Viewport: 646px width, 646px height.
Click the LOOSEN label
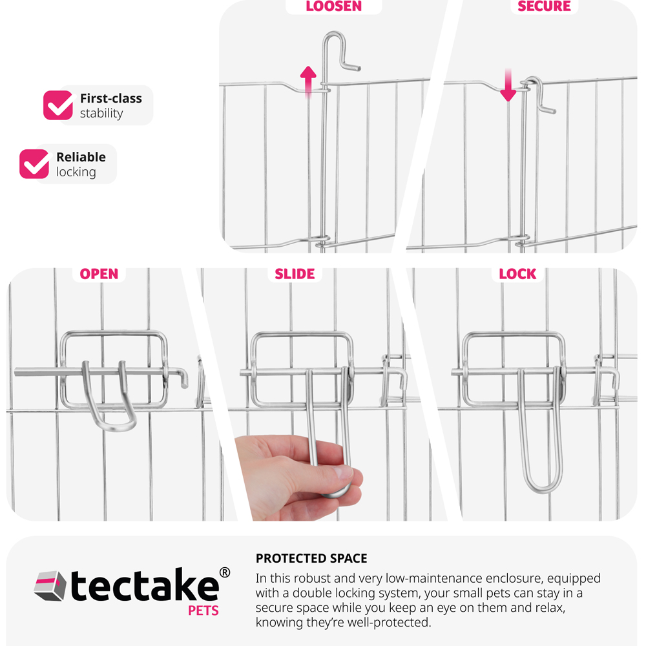(334, 6)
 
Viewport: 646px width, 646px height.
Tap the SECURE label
(544, 6)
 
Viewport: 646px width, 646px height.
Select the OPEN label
(99, 274)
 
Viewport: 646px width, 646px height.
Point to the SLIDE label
(295, 274)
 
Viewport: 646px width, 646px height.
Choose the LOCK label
(517, 274)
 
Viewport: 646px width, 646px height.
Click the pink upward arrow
(308, 81)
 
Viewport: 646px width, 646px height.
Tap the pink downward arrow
(508, 85)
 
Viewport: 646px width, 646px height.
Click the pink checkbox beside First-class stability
(58, 105)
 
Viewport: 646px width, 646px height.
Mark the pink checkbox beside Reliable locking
(34, 164)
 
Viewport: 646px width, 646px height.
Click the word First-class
(111, 98)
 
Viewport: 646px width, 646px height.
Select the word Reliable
(81, 157)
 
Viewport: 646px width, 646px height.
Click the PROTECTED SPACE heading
(311, 558)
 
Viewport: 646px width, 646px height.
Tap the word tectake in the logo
(144, 585)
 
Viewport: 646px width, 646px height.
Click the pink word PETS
(203, 610)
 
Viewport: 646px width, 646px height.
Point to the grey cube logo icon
(50, 586)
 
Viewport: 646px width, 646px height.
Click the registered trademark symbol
(225, 572)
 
